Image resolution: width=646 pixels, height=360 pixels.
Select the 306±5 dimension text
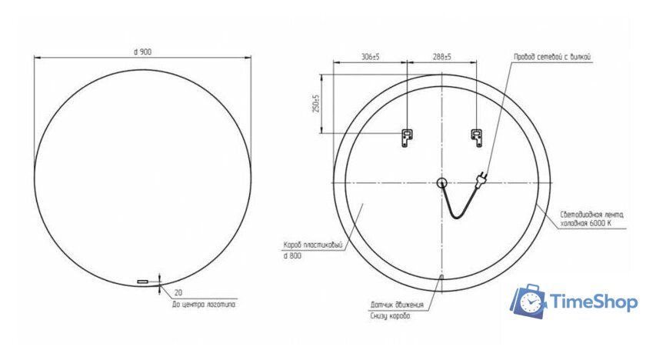pos(371,57)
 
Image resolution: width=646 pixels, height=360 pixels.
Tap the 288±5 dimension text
pos(441,57)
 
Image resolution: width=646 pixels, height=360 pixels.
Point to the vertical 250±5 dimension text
pos(315,104)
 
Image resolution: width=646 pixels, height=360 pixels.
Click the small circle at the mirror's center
pos(441,182)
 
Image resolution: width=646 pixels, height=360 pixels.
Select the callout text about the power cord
pos(554,57)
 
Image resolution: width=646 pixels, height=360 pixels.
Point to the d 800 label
pos(292,255)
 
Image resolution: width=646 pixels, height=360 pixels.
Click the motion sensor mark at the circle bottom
pos(441,277)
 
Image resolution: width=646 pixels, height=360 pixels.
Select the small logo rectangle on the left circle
pos(142,282)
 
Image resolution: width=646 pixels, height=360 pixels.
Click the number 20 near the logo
pos(178,293)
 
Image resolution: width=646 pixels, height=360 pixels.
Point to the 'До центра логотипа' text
pos(204,305)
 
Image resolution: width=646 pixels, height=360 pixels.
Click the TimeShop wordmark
pos(594,302)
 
